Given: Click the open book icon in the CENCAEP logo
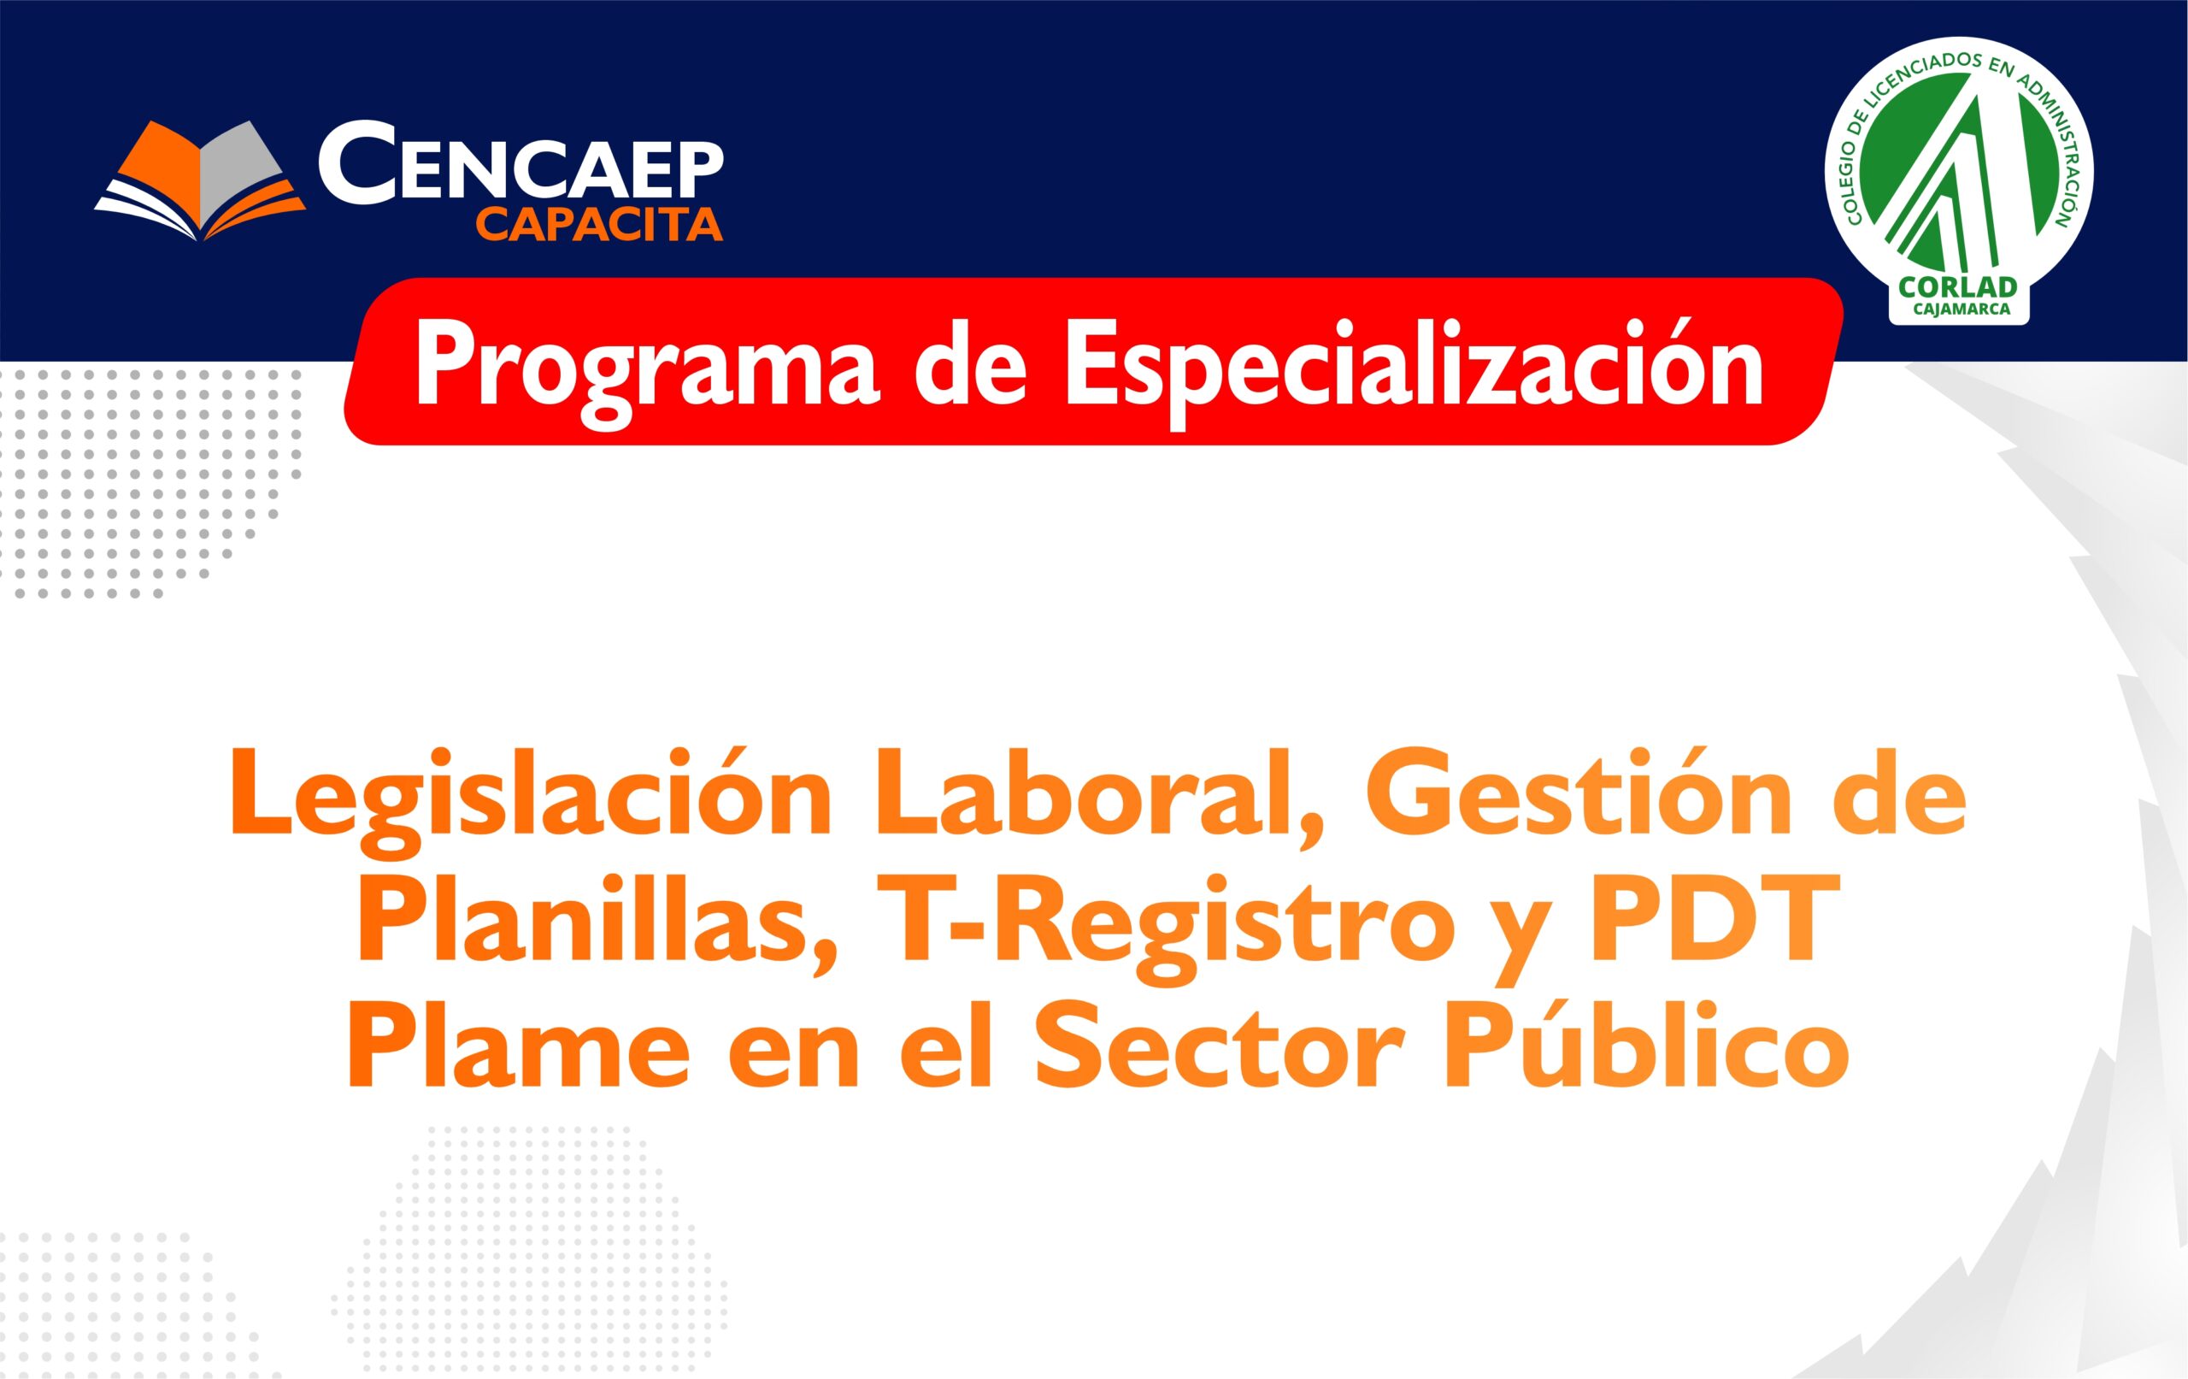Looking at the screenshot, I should click(200, 182).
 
